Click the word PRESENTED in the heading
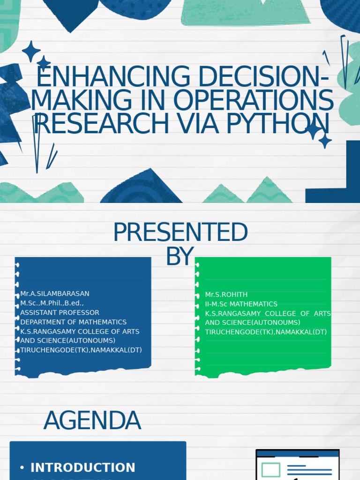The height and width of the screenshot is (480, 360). coord(180,232)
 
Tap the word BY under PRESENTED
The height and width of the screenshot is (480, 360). coord(180,256)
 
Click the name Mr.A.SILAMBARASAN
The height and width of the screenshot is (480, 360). coord(55,293)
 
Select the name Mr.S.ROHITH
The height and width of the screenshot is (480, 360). coord(219,294)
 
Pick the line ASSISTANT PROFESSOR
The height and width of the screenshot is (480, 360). coord(60,312)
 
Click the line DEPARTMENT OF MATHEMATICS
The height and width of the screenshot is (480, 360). coord(73,322)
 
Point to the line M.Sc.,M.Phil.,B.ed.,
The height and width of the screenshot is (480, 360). coord(52,303)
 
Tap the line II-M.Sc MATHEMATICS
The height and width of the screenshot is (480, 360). coord(241,304)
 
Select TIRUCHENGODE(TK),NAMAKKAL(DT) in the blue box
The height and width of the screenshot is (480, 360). coord(81,350)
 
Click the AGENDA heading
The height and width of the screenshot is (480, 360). coord(92,420)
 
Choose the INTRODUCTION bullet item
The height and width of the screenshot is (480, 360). coord(82,467)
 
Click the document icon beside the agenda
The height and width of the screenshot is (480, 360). coord(297,465)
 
